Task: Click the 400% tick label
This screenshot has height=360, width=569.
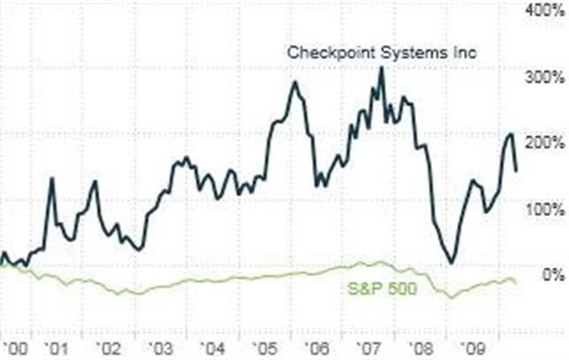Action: click(544, 10)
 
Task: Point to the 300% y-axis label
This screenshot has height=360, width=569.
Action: click(544, 76)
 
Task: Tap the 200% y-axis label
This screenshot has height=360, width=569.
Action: click(544, 143)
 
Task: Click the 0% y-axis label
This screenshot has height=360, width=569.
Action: click(551, 276)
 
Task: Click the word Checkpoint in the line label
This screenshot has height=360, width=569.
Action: click(325, 52)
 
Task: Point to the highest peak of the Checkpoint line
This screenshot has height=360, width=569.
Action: click(381, 68)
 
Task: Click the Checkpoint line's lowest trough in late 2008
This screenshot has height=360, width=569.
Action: click(452, 262)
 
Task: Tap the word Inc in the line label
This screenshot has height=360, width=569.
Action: click(465, 52)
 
